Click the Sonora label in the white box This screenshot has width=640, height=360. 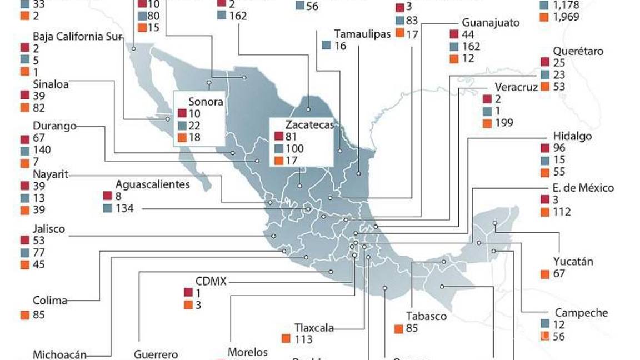click(x=206, y=102)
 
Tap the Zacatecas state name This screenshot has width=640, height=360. click(x=310, y=124)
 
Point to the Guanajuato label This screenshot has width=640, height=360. click(x=491, y=23)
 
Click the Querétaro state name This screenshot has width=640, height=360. click(x=578, y=51)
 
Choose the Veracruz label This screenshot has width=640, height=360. click(x=516, y=88)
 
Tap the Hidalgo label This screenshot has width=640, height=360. click(x=572, y=136)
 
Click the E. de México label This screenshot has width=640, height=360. click(x=583, y=188)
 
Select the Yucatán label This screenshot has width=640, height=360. click(x=573, y=261)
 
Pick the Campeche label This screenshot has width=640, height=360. click(x=581, y=313)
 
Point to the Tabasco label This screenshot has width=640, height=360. click(x=426, y=316)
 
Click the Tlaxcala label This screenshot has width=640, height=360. click(x=315, y=328)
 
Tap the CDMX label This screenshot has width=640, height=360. click(x=211, y=281)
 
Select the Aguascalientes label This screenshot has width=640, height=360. click(x=152, y=184)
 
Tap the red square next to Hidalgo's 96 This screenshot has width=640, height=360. click(x=544, y=148)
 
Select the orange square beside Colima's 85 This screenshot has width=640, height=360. click(x=24, y=315)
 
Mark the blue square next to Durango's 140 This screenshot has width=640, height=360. click(x=24, y=151)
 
